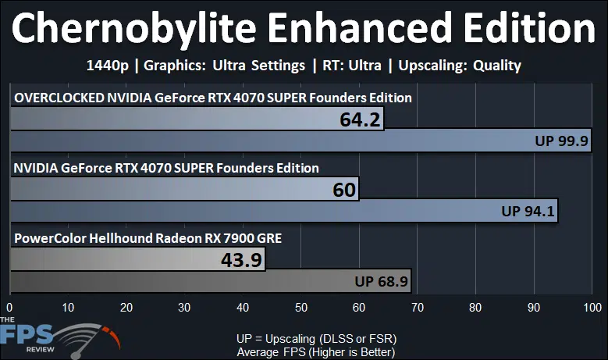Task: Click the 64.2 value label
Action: pyautogui.click(x=360, y=120)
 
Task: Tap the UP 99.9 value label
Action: pyautogui.click(x=560, y=141)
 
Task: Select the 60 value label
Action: pyautogui.click(x=343, y=190)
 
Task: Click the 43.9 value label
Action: pyautogui.click(x=241, y=259)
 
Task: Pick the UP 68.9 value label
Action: pyautogui.click(x=381, y=280)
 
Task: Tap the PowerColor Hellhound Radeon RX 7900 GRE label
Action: pyautogui.click(x=148, y=237)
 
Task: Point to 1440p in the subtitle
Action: pyautogui.click(x=106, y=66)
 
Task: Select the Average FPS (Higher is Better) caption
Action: pyautogui.click(x=316, y=352)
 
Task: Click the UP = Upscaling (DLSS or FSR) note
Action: pyautogui.click(x=316, y=339)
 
